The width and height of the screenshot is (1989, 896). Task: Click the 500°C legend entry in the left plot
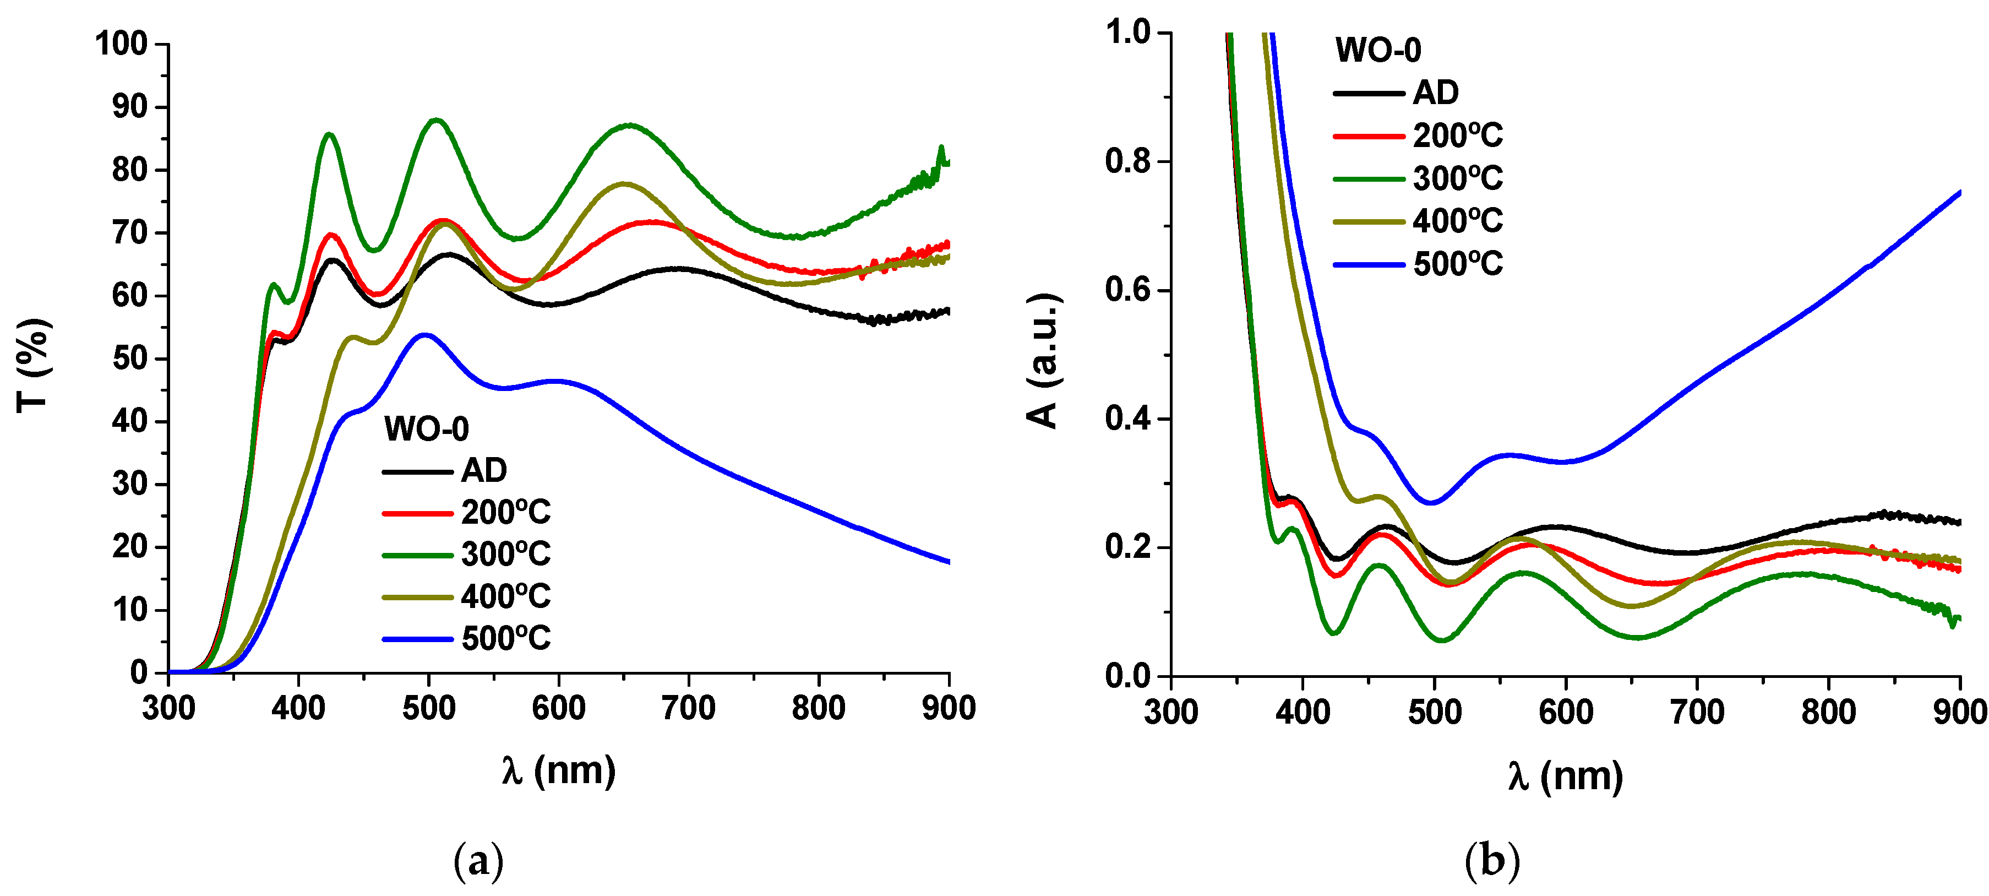coord(506,639)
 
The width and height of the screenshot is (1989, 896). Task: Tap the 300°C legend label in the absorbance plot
coord(1457,178)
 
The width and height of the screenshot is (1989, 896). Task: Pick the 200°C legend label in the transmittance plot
coord(506,513)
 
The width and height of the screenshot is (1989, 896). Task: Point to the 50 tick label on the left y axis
coord(130,359)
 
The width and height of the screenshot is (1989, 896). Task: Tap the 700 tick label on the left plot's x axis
coord(688,708)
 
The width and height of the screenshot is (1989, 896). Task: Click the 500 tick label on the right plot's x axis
coord(1434,712)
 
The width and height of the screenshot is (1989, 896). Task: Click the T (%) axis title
coord(33,365)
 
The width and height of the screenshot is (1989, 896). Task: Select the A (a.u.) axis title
coord(1042,360)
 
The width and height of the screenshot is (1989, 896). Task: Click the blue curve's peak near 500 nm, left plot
coord(424,334)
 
